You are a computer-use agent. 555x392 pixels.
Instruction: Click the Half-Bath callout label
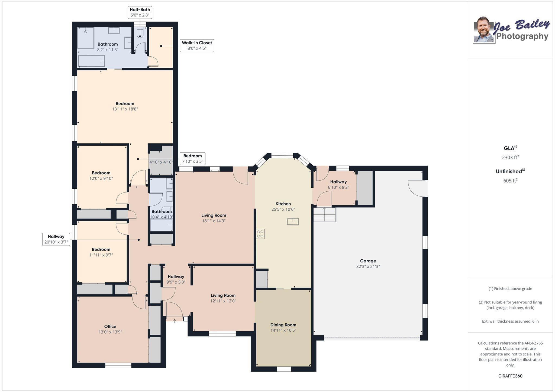(x=140, y=12)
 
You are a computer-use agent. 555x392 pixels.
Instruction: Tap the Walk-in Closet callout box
(x=197, y=45)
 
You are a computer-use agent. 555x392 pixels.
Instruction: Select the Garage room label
(x=368, y=261)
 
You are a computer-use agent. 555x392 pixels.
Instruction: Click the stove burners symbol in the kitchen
(x=260, y=234)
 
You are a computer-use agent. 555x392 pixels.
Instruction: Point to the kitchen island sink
(x=292, y=222)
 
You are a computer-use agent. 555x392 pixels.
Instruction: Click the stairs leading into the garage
(x=325, y=215)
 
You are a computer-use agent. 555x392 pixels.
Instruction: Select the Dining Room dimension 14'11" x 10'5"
(x=283, y=330)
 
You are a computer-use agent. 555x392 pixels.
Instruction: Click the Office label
(x=110, y=326)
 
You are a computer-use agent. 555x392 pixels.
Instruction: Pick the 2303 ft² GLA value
(x=510, y=157)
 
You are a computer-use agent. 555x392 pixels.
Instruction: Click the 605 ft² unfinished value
(x=510, y=181)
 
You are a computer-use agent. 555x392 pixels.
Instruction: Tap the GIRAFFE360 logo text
(x=510, y=376)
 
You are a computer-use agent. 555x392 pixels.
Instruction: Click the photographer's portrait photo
(x=484, y=30)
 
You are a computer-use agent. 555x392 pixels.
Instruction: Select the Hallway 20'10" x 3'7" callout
(x=56, y=239)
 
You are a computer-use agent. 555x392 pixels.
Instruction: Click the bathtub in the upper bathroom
(x=91, y=61)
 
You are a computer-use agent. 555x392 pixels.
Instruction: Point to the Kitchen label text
(x=283, y=204)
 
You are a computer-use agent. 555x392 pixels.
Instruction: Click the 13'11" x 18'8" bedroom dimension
(x=125, y=109)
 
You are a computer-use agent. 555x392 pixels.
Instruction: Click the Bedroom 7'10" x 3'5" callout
(x=192, y=159)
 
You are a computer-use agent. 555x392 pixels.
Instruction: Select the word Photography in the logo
(x=522, y=36)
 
